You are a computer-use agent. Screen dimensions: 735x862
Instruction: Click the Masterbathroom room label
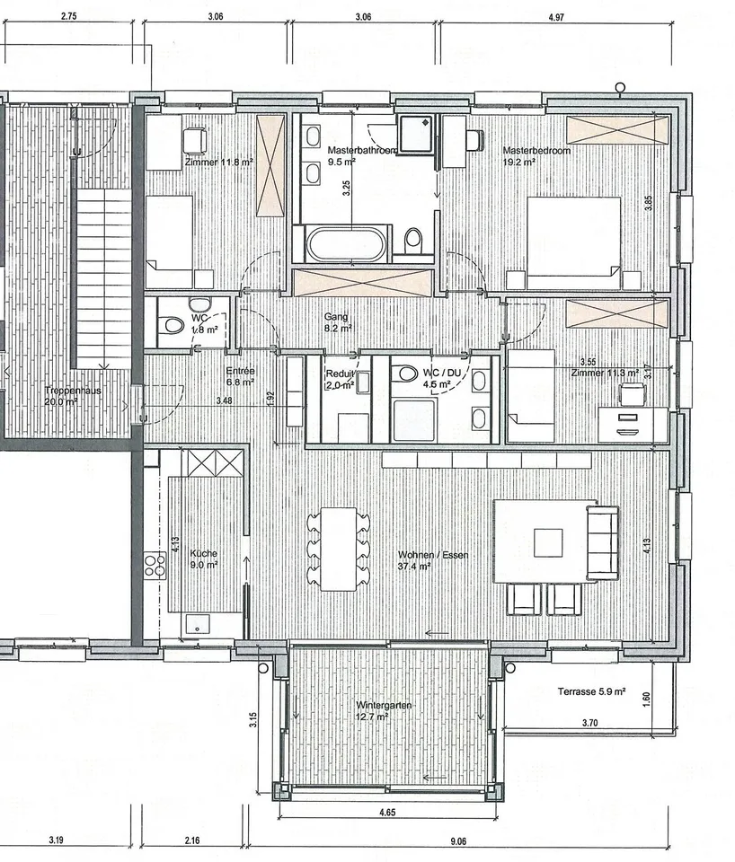point(361,150)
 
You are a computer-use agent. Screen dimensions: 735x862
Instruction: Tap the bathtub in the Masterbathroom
point(347,243)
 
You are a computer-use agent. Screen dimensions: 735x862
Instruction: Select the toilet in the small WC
point(173,325)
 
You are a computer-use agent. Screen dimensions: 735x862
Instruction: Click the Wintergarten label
point(384,706)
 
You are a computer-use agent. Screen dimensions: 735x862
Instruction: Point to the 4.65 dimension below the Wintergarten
point(387,812)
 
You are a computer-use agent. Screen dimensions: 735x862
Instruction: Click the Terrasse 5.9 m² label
point(591,691)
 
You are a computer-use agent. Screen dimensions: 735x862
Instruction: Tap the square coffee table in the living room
point(548,542)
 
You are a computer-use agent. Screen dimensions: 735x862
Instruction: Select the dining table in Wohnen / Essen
point(339,549)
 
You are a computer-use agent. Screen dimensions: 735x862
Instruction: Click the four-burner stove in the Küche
point(155,565)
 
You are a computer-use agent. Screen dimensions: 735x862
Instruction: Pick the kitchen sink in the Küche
point(198,624)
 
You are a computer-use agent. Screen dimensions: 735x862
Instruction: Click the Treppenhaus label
point(73,391)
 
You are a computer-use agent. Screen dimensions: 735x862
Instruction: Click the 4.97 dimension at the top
point(556,17)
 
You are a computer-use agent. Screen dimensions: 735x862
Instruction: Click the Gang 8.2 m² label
point(338,322)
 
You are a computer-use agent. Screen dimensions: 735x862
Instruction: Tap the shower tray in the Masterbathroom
point(416,133)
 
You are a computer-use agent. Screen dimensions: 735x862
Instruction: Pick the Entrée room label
point(241,371)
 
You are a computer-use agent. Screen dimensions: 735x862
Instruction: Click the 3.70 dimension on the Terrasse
point(589,723)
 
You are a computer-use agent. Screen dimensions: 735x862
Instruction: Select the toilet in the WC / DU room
point(406,374)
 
